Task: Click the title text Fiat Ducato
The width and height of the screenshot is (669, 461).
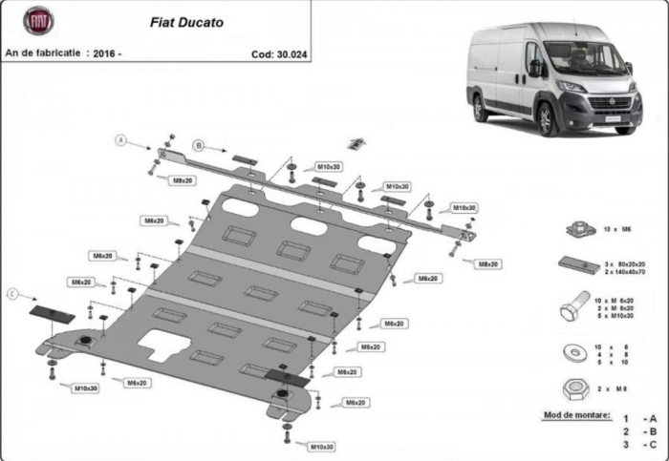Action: [187, 21]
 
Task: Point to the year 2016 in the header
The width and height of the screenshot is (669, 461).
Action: [102, 54]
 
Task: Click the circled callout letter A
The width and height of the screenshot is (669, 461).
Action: [121, 140]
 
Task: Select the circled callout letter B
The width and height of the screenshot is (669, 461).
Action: [199, 145]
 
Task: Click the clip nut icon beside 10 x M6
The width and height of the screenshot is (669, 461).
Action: [576, 229]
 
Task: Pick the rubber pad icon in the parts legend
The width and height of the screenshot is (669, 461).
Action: [576, 265]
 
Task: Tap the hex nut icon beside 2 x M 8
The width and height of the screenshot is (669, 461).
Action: [575, 388]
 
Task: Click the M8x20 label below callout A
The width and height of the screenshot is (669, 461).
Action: [182, 180]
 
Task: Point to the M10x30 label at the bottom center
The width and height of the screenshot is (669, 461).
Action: [322, 446]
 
